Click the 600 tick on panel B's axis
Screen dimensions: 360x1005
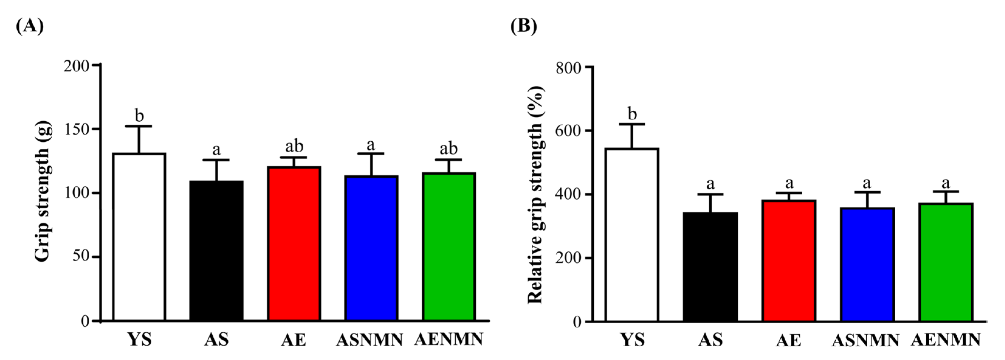(588, 131)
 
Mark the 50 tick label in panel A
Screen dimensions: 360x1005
(81, 257)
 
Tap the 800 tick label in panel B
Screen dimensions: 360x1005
(569, 68)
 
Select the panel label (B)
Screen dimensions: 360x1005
(523, 26)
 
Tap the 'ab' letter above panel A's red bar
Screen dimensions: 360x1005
(294, 146)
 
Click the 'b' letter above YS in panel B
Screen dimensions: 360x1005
(632, 114)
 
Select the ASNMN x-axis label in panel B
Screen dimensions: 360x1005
(865, 340)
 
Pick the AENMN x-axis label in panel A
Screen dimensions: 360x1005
(449, 339)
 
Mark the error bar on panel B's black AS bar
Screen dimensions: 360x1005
(710, 203)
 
